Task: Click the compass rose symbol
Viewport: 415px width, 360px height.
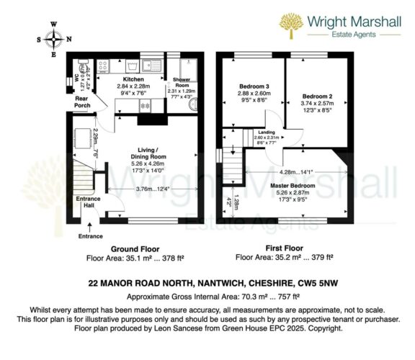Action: click(53, 38)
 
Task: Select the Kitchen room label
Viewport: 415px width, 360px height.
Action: click(134, 79)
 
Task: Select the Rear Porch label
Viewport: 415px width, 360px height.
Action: click(83, 104)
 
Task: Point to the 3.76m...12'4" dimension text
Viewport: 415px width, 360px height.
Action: click(153, 189)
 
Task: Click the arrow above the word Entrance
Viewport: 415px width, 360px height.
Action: click(91, 224)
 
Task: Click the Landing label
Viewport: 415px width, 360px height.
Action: click(267, 132)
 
